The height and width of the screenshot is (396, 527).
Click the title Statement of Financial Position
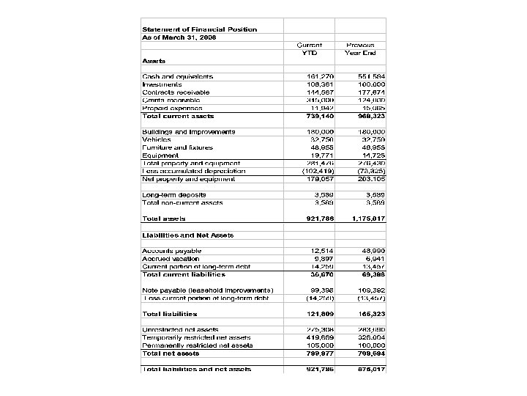tap(199, 29)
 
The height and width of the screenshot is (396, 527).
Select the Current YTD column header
tap(310, 48)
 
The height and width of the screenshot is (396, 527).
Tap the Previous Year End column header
tap(360, 48)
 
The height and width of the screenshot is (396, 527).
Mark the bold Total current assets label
tap(178, 116)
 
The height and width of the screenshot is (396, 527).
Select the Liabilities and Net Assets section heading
tap(187, 235)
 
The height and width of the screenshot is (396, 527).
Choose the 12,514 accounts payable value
tap(322, 251)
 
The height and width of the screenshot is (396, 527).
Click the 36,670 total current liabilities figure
tap(322, 274)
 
